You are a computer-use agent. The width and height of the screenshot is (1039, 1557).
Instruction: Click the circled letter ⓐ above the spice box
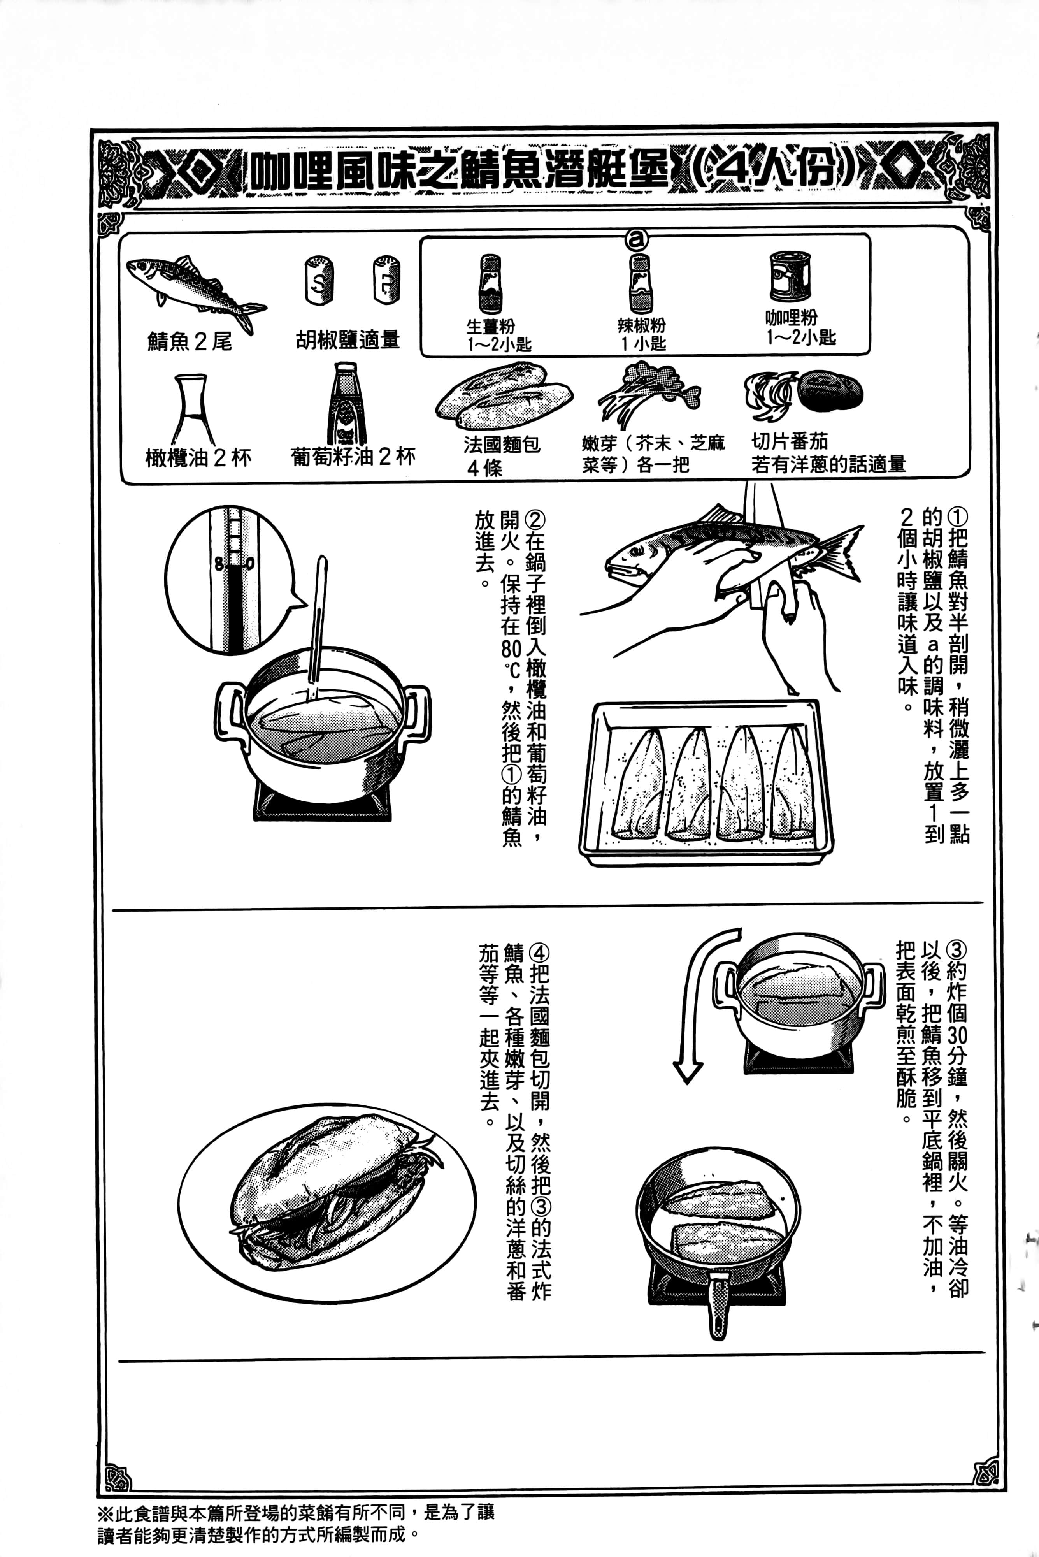tap(638, 239)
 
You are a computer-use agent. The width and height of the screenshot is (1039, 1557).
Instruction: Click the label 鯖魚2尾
tap(190, 341)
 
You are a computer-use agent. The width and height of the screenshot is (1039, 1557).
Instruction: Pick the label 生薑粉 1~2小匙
tap(499, 335)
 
